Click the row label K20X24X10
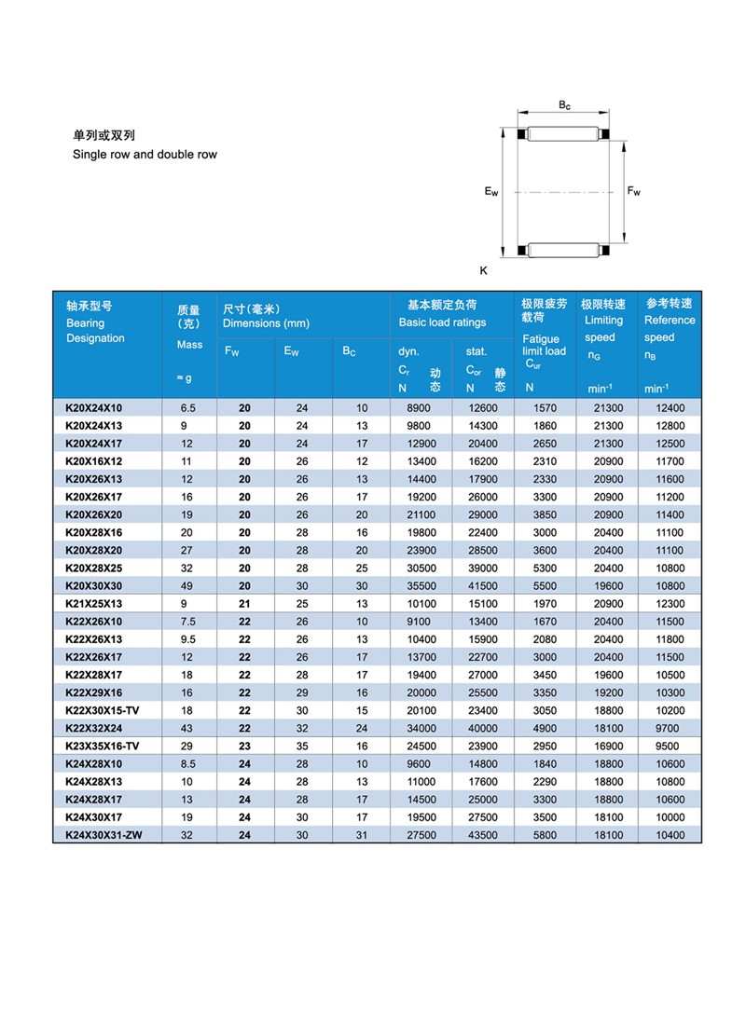94,408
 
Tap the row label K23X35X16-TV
102,746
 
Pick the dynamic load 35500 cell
420,586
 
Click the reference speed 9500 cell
670,746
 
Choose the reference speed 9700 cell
670,728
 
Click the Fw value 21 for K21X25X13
244,604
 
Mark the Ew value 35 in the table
301,746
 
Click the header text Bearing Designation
94,331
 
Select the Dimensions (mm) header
266,323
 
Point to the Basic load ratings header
442,322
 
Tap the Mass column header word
189,345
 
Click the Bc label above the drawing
565,105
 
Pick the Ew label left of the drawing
491,192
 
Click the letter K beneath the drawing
484,270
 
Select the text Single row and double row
145,155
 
